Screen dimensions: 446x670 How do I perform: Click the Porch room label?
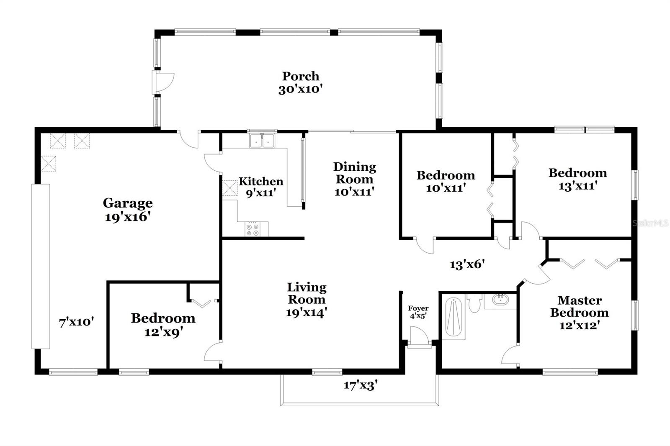(x=300, y=76)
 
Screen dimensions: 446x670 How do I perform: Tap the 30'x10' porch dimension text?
(x=300, y=89)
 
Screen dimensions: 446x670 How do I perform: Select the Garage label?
(x=128, y=203)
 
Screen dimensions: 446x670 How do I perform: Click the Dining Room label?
(x=354, y=173)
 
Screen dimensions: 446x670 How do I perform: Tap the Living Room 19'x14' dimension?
(x=306, y=313)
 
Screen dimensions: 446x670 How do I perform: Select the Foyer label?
(x=418, y=309)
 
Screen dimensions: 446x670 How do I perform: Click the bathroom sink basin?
(x=500, y=300)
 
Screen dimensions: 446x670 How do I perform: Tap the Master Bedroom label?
(x=580, y=306)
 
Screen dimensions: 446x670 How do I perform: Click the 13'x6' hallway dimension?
(x=467, y=264)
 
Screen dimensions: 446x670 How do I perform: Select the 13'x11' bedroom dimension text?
(x=577, y=186)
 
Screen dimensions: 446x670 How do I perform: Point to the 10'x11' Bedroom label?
(x=446, y=175)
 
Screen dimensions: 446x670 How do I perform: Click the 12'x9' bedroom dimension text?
(x=163, y=332)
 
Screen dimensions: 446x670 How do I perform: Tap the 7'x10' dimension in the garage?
(x=76, y=322)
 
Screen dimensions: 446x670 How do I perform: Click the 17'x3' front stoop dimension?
(x=361, y=385)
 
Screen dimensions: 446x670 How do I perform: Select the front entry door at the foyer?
(x=419, y=337)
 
